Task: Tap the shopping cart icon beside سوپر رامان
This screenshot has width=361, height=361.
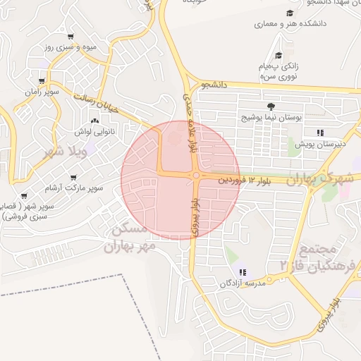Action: click(x=42, y=82)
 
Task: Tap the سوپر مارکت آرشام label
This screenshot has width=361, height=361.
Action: click(x=74, y=188)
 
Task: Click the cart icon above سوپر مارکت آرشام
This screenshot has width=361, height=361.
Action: click(x=73, y=178)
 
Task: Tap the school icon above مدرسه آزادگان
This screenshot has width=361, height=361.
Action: click(x=243, y=272)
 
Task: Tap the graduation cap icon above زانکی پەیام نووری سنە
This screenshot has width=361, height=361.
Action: click(x=279, y=55)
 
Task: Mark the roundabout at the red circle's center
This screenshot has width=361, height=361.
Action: click(x=195, y=176)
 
